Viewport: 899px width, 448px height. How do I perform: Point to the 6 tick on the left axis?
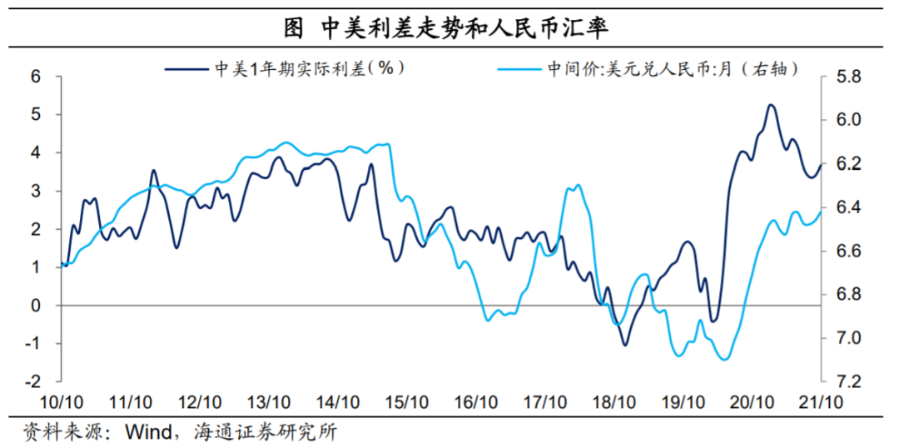pyautogui.click(x=35, y=77)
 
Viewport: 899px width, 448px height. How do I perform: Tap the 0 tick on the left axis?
pyautogui.click(x=35, y=306)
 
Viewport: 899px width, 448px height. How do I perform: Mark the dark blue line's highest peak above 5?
pyautogui.click(x=770, y=105)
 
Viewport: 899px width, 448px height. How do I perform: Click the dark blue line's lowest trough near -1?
pyautogui.click(x=624, y=344)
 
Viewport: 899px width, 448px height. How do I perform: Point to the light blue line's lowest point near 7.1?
pyautogui.click(x=723, y=360)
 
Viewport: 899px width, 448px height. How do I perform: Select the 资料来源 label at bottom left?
pyautogui.click(x=52, y=432)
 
